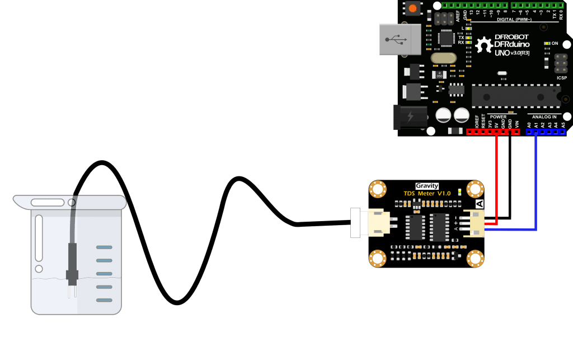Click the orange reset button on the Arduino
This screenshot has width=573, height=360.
pyautogui.click(x=413, y=9)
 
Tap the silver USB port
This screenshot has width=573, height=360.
pyautogui.click(x=399, y=39)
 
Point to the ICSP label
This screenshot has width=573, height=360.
pyautogui.click(x=561, y=78)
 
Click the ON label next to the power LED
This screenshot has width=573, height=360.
pyautogui.click(x=555, y=43)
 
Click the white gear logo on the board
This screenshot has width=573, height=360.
pyautogui.click(x=483, y=45)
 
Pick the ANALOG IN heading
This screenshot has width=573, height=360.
pyautogui.click(x=545, y=117)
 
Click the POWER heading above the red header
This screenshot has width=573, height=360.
pyautogui.click(x=497, y=117)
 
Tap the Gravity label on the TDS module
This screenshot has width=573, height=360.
pyautogui.click(x=427, y=186)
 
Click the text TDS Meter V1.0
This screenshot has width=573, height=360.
pyautogui.click(x=427, y=193)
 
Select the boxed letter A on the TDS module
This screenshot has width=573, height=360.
pyautogui.click(x=479, y=204)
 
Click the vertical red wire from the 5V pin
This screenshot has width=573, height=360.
pyautogui.click(x=496, y=179)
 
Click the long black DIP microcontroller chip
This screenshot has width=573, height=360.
pyautogui.click(x=515, y=95)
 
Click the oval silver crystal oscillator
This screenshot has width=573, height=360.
pyautogui.click(x=444, y=58)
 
